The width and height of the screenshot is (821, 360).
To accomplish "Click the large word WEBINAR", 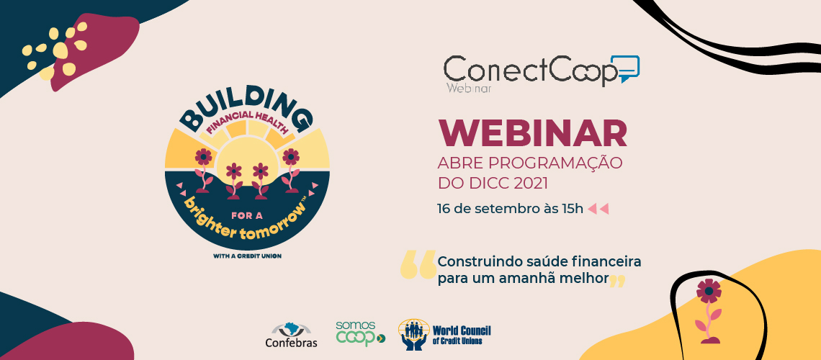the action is [x=532, y=133].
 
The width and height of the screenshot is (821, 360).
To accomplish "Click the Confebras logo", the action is [x=291, y=336].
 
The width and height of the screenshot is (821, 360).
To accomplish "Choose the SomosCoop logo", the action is [x=360, y=333].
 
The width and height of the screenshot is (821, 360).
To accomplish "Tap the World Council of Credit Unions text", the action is [x=462, y=335].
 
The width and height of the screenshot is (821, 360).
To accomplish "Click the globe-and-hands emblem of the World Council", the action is [x=414, y=334].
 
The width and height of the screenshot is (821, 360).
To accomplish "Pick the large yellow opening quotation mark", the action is [x=418, y=264].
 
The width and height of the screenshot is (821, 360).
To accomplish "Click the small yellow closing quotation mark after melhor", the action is [x=618, y=282].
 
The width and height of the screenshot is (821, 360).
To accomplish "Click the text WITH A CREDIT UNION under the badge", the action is [x=247, y=256].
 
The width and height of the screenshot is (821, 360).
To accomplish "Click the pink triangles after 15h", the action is [x=598, y=210].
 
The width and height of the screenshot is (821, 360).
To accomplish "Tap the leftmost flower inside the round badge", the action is [x=203, y=170].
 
